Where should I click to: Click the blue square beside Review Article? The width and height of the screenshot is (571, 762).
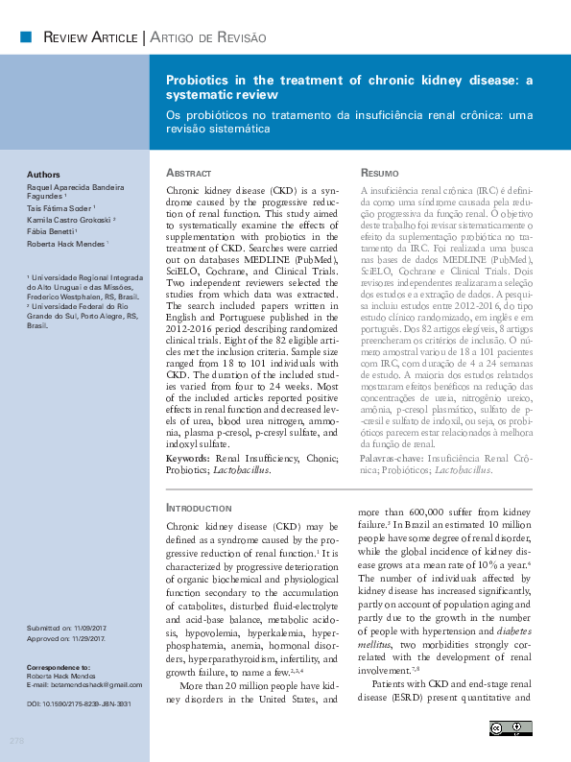pos(25,36)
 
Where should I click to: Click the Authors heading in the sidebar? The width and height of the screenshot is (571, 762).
pos(44,175)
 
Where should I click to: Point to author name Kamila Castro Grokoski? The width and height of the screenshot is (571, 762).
pos(71,219)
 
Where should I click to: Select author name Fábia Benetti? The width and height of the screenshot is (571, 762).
pos(54,232)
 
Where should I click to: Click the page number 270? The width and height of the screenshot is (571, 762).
pos(16,740)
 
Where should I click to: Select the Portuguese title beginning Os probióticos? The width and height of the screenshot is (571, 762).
pos(348,121)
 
